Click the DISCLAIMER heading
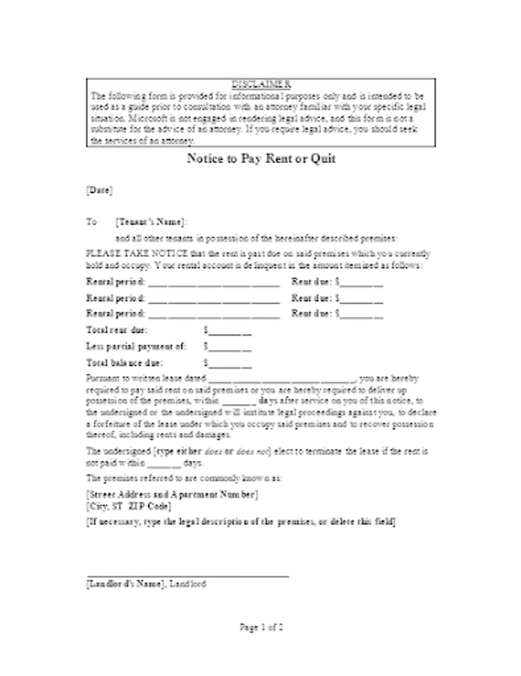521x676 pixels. [260, 83]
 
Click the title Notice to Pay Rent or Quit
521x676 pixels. [260, 159]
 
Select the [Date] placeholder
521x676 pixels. [100, 190]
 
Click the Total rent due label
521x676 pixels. [117, 330]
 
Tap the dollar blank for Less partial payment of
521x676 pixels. [229, 346]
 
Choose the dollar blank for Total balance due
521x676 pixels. [229, 363]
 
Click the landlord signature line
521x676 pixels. [188, 575]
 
